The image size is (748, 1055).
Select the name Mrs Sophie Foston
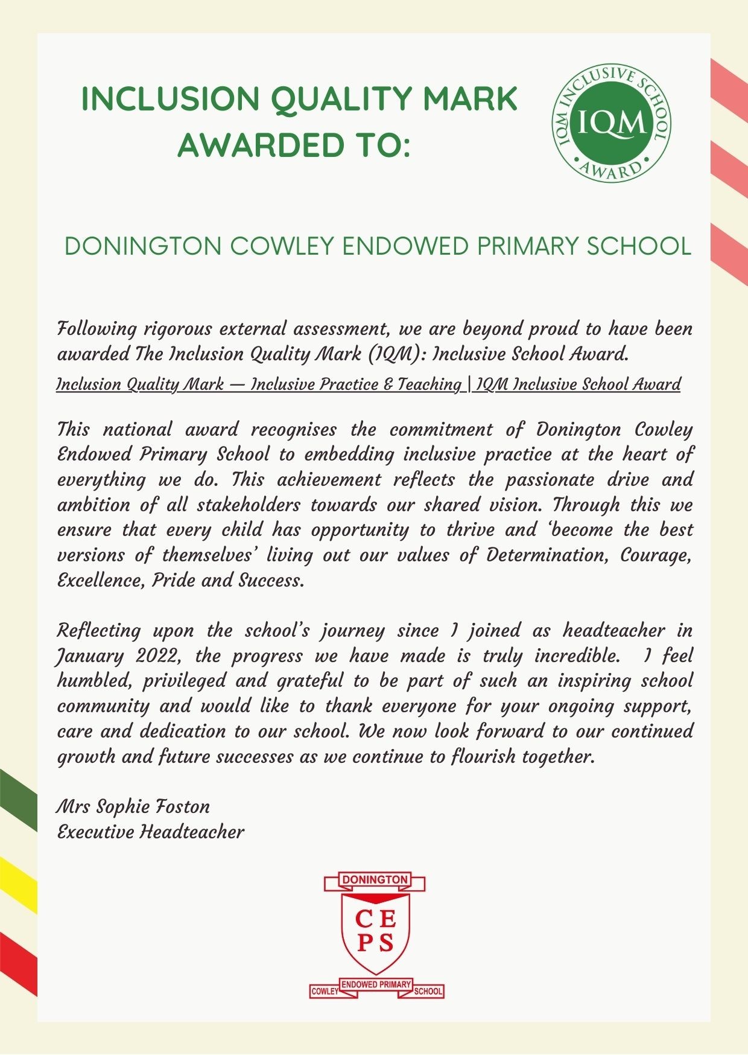[133, 807]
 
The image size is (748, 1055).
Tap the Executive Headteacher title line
[151, 832]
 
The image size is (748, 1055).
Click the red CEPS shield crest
[375, 930]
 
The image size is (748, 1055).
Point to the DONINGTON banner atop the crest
[375, 880]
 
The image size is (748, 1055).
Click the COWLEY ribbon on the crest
[325, 992]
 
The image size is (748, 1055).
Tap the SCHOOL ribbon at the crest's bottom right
[428, 992]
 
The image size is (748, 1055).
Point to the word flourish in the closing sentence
[483, 757]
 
